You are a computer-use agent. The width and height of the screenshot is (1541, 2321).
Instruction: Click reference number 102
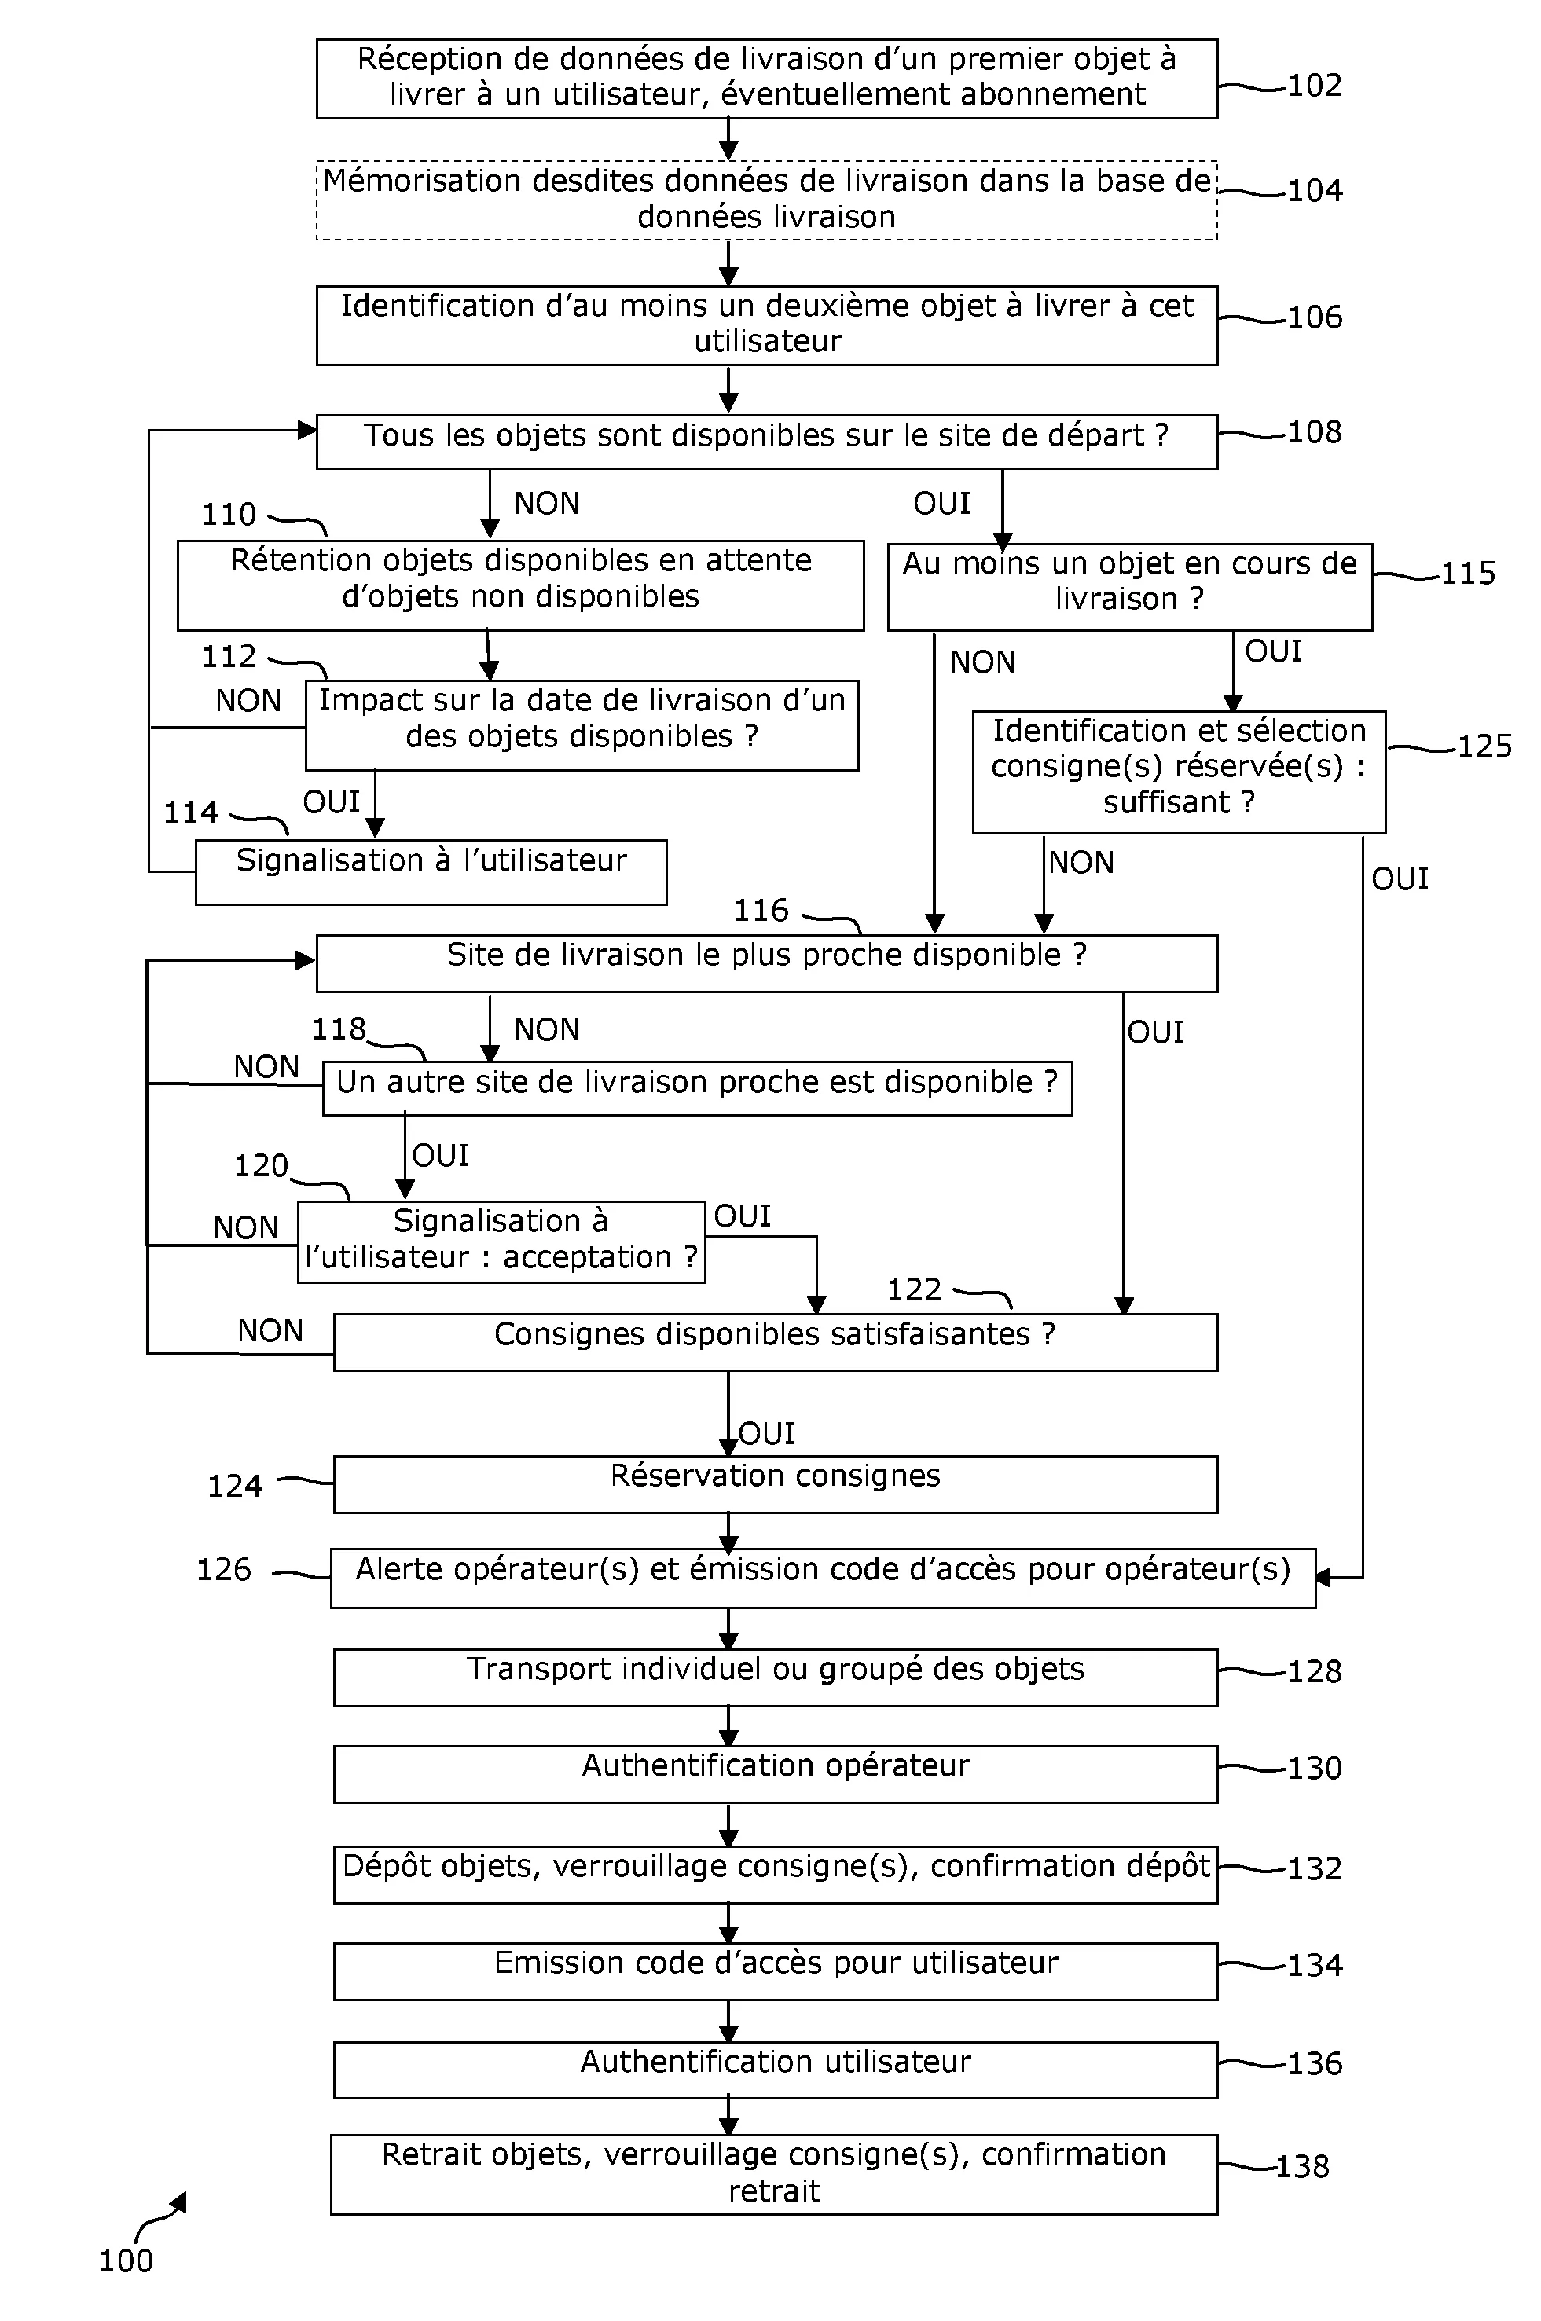[1314, 86]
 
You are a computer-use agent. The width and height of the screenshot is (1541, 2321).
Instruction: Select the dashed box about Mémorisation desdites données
[766, 200]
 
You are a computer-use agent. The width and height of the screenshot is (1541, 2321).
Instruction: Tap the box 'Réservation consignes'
[775, 1483]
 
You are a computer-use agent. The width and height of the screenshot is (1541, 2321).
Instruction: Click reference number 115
[1468, 573]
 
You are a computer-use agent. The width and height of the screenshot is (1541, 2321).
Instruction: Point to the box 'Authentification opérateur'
[775, 1773]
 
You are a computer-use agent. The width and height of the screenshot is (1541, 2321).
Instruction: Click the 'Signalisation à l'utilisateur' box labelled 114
[431, 871]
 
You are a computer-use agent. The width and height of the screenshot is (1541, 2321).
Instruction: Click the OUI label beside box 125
[1400, 878]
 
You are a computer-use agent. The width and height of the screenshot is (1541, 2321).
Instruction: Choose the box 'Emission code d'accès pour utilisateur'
[775, 1971]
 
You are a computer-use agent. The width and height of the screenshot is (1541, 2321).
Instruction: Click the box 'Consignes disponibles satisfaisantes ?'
[775, 1341]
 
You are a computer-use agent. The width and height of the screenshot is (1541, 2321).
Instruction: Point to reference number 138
[1301, 2165]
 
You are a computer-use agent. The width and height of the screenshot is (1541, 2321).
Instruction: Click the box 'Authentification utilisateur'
[775, 2070]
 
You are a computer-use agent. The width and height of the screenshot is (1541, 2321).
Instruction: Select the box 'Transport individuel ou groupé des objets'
[775, 1677]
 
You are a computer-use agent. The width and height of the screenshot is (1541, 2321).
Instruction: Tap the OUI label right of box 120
[742, 1216]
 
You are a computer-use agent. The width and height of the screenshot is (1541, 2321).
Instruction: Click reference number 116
[761, 911]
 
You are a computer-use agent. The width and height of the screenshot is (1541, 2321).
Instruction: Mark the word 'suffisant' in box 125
[1165, 803]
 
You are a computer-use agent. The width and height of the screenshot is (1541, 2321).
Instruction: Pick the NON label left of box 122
[270, 1330]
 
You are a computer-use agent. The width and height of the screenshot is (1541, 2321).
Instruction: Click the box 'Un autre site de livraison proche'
[697, 1087]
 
